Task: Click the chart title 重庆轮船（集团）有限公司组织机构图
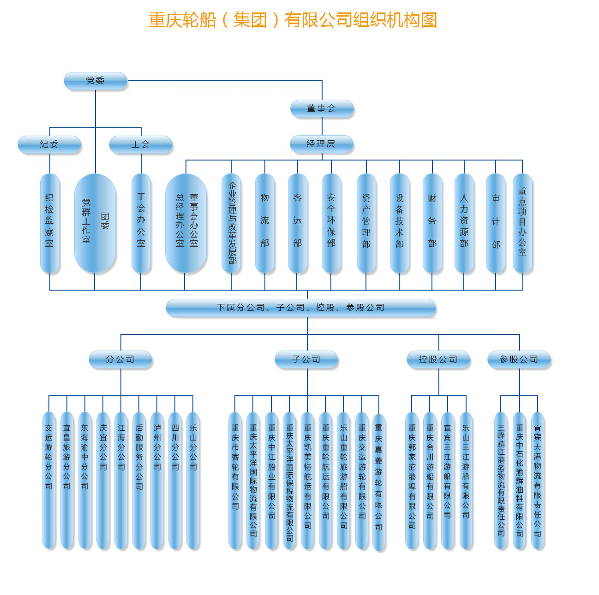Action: [293, 20]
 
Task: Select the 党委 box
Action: [96, 81]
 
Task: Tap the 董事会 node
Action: [322, 108]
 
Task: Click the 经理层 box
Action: [321, 144]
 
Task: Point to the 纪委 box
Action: [49, 144]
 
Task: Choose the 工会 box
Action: [141, 144]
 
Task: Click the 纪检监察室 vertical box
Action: [50, 223]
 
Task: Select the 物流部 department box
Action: [265, 223]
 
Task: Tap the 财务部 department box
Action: [432, 223]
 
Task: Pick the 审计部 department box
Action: [496, 223]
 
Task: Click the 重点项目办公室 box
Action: [522, 223]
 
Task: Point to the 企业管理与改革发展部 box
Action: [231, 223]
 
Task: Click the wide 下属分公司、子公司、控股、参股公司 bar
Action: [301, 308]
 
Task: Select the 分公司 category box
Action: [120, 359]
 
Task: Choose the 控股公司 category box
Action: [438, 359]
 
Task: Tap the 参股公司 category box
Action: [519, 359]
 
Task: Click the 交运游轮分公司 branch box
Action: [49, 480]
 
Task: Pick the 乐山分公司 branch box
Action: [193, 480]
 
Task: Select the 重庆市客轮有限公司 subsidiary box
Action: [235, 480]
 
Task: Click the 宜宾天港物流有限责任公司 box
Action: [538, 480]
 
